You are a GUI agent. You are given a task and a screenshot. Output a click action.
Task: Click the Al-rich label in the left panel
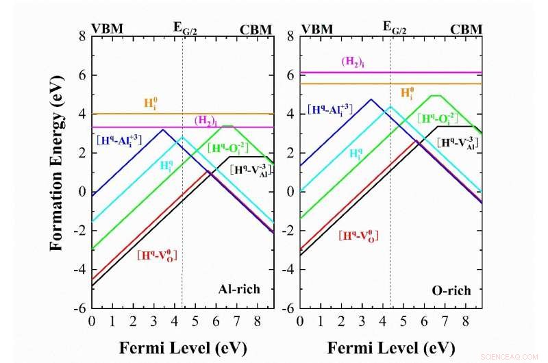point(240,289)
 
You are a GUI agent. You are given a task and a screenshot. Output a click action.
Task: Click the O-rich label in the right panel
point(451,290)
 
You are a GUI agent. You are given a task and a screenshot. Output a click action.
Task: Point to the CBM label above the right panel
point(466,29)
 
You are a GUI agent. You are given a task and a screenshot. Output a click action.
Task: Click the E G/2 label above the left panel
point(189,29)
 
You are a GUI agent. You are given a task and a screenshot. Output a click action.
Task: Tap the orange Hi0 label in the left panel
point(150,104)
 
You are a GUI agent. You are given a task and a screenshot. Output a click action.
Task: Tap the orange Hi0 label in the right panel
point(407,93)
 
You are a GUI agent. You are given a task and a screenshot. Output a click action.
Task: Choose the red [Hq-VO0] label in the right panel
point(358,236)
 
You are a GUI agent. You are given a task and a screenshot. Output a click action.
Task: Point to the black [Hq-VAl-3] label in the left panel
point(251,169)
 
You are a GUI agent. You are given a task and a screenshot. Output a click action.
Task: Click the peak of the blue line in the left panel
point(163,129)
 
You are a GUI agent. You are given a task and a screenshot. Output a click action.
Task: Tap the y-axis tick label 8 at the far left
point(81,35)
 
